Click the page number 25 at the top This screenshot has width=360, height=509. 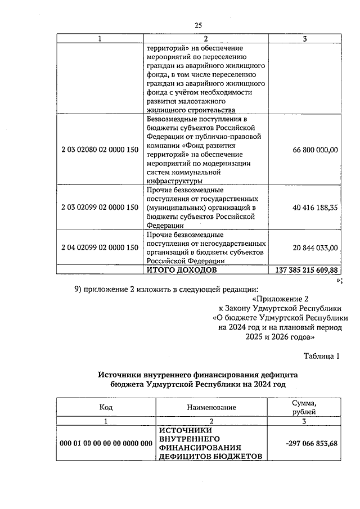click(x=198, y=25)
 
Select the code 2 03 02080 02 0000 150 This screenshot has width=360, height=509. click(x=100, y=150)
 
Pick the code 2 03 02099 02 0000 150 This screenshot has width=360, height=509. click(x=100, y=207)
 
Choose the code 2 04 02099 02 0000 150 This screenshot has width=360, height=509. click(x=100, y=247)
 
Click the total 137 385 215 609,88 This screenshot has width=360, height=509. click(x=307, y=270)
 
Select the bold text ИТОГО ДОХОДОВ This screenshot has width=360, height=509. click(x=182, y=270)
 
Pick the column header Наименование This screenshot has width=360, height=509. click(x=212, y=407)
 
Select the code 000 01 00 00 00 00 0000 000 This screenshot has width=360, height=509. click(x=106, y=444)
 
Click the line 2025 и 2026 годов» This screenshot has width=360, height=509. click(x=280, y=337)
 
